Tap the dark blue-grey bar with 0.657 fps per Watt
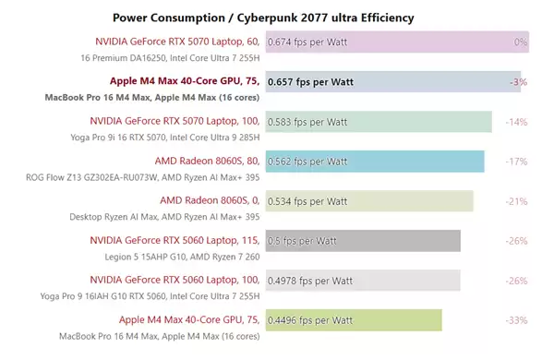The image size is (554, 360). coord(392,82)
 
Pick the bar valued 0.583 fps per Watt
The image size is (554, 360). coord(379,122)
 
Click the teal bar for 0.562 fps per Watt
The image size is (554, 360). coord(374,162)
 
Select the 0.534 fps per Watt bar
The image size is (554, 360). coord(369,201)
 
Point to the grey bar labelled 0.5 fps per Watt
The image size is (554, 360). coord(362,241)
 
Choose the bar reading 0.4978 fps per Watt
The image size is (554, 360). coord(362,281)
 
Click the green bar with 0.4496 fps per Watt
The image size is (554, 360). coord(354,320)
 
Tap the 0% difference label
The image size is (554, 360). coord(520,42)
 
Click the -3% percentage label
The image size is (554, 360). coord(518,82)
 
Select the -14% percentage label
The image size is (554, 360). coord(516,122)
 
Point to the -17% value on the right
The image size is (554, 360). coord(516,162)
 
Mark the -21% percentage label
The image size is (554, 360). coord(516,201)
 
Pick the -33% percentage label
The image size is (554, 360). coord(516,320)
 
